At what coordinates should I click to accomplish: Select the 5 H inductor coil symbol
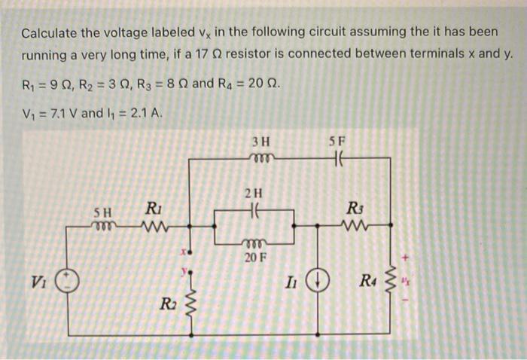coord(103,224)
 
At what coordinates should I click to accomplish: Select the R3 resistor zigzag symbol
coord(353,224)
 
